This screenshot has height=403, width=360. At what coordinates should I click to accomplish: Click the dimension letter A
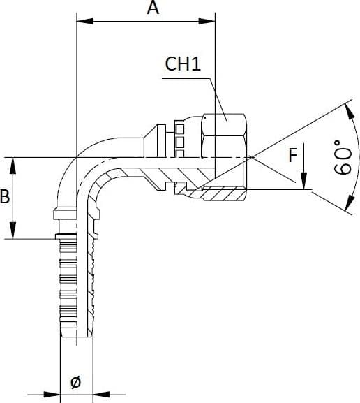153,8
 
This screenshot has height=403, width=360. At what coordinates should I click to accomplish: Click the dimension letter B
5,196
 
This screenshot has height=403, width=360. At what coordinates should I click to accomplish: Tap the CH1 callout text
183,64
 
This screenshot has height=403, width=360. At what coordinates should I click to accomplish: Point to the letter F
293,155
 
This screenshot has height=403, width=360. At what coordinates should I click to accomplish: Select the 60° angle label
343,157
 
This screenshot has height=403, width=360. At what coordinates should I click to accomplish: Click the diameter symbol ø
76,381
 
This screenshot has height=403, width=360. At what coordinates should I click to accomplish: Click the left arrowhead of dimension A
85,21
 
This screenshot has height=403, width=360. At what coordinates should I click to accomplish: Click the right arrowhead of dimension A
207,21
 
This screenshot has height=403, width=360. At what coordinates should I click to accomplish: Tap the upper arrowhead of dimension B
13,166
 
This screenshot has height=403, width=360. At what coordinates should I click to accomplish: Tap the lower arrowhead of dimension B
13,230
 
